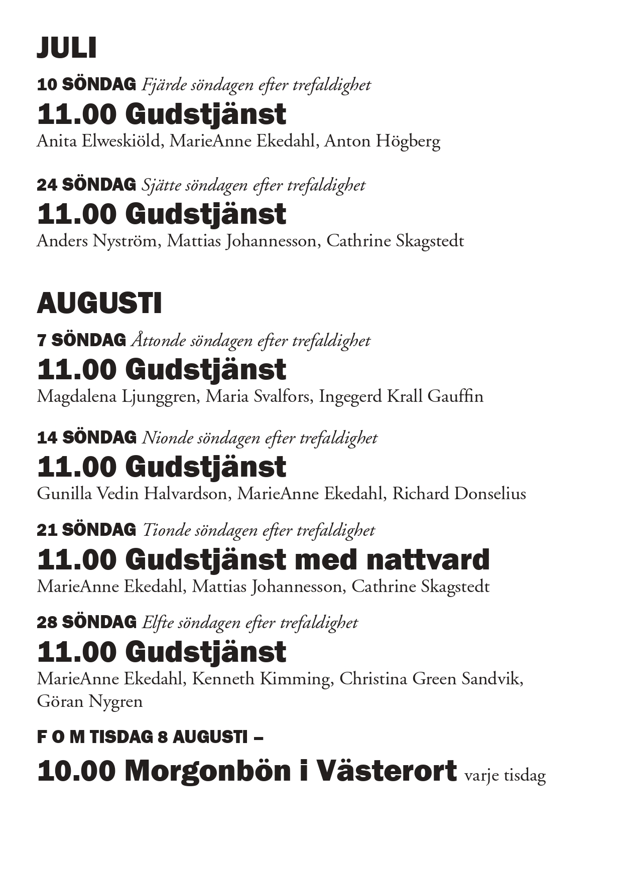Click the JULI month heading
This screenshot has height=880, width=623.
click(x=66, y=48)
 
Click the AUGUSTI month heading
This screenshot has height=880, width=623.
click(x=99, y=304)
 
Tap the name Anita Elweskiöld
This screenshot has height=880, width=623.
click(x=98, y=141)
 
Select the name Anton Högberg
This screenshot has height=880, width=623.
click(x=382, y=141)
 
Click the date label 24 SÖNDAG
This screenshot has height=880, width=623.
click(x=86, y=185)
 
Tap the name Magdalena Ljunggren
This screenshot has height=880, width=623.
click(x=116, y=396)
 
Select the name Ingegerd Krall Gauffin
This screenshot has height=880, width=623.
click(x=401, y=396)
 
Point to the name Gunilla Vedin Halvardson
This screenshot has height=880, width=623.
click(x=132, y=494)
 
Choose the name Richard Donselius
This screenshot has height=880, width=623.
click(x=459, y=494)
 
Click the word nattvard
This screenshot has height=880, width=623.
click(x=428, y=559)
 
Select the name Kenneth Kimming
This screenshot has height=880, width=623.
click(x=261, y=679)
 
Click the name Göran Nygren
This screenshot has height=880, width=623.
click(x=90, y=701)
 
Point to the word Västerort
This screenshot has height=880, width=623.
click(x=386, y=771)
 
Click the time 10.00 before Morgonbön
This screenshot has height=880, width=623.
click(x=76, y=771)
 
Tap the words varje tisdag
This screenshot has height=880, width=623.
click(x=505, y=776)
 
